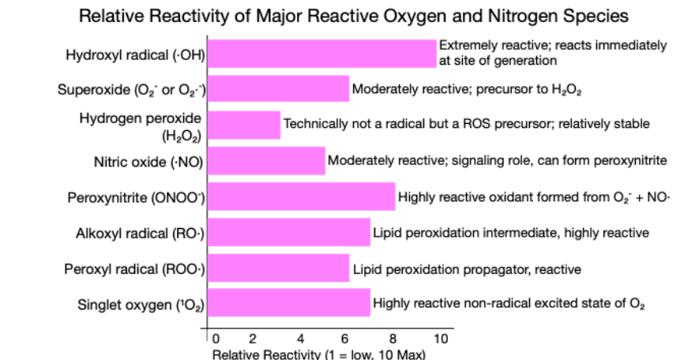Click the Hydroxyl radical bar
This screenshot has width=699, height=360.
pos(321,53)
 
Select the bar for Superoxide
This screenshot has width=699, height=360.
pos(278,88)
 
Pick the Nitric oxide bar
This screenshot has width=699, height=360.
pos(266,160)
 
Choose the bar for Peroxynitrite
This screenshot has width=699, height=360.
pos(301,197)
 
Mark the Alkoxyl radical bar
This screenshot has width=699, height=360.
pos(289,232)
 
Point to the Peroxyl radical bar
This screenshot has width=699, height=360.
pos(278,268)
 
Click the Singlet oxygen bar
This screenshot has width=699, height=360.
pos(289,303)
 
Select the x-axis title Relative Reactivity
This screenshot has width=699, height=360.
pos(318,354)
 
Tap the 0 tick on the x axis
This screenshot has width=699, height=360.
pos(214,338)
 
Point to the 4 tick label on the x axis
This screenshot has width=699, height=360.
pos(300,338)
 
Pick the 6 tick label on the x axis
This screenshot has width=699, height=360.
pos(346,338)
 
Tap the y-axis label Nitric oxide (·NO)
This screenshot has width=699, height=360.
pos(149,162)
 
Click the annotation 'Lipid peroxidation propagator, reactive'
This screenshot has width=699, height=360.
pos(467,269)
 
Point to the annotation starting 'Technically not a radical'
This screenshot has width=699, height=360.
pos(466,124)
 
